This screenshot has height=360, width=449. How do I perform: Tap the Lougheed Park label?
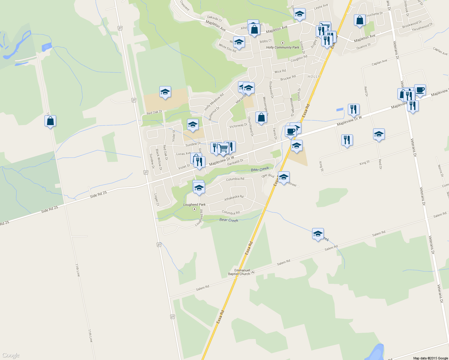194,205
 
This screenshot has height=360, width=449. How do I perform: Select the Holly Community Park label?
282,47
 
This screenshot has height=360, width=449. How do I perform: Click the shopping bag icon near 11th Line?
50,121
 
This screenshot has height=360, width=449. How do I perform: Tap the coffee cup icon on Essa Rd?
290,131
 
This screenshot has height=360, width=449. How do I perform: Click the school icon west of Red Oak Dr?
165,92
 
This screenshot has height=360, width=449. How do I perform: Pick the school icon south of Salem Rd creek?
318,234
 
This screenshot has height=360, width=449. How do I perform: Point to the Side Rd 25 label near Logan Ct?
98,194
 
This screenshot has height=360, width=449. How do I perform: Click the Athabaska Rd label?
234,198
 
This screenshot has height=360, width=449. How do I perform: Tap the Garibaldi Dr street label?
235,162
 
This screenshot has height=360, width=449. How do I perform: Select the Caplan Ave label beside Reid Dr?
379,62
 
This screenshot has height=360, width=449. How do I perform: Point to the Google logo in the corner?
11,355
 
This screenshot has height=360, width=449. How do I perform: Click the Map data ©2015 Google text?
430,358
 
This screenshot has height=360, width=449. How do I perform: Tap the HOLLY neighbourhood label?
314,76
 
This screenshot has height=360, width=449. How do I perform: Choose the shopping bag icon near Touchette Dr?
360,20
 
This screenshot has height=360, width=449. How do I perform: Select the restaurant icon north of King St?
347,140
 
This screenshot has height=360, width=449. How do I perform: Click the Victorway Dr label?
238,126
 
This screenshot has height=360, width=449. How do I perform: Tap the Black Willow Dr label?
159,160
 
